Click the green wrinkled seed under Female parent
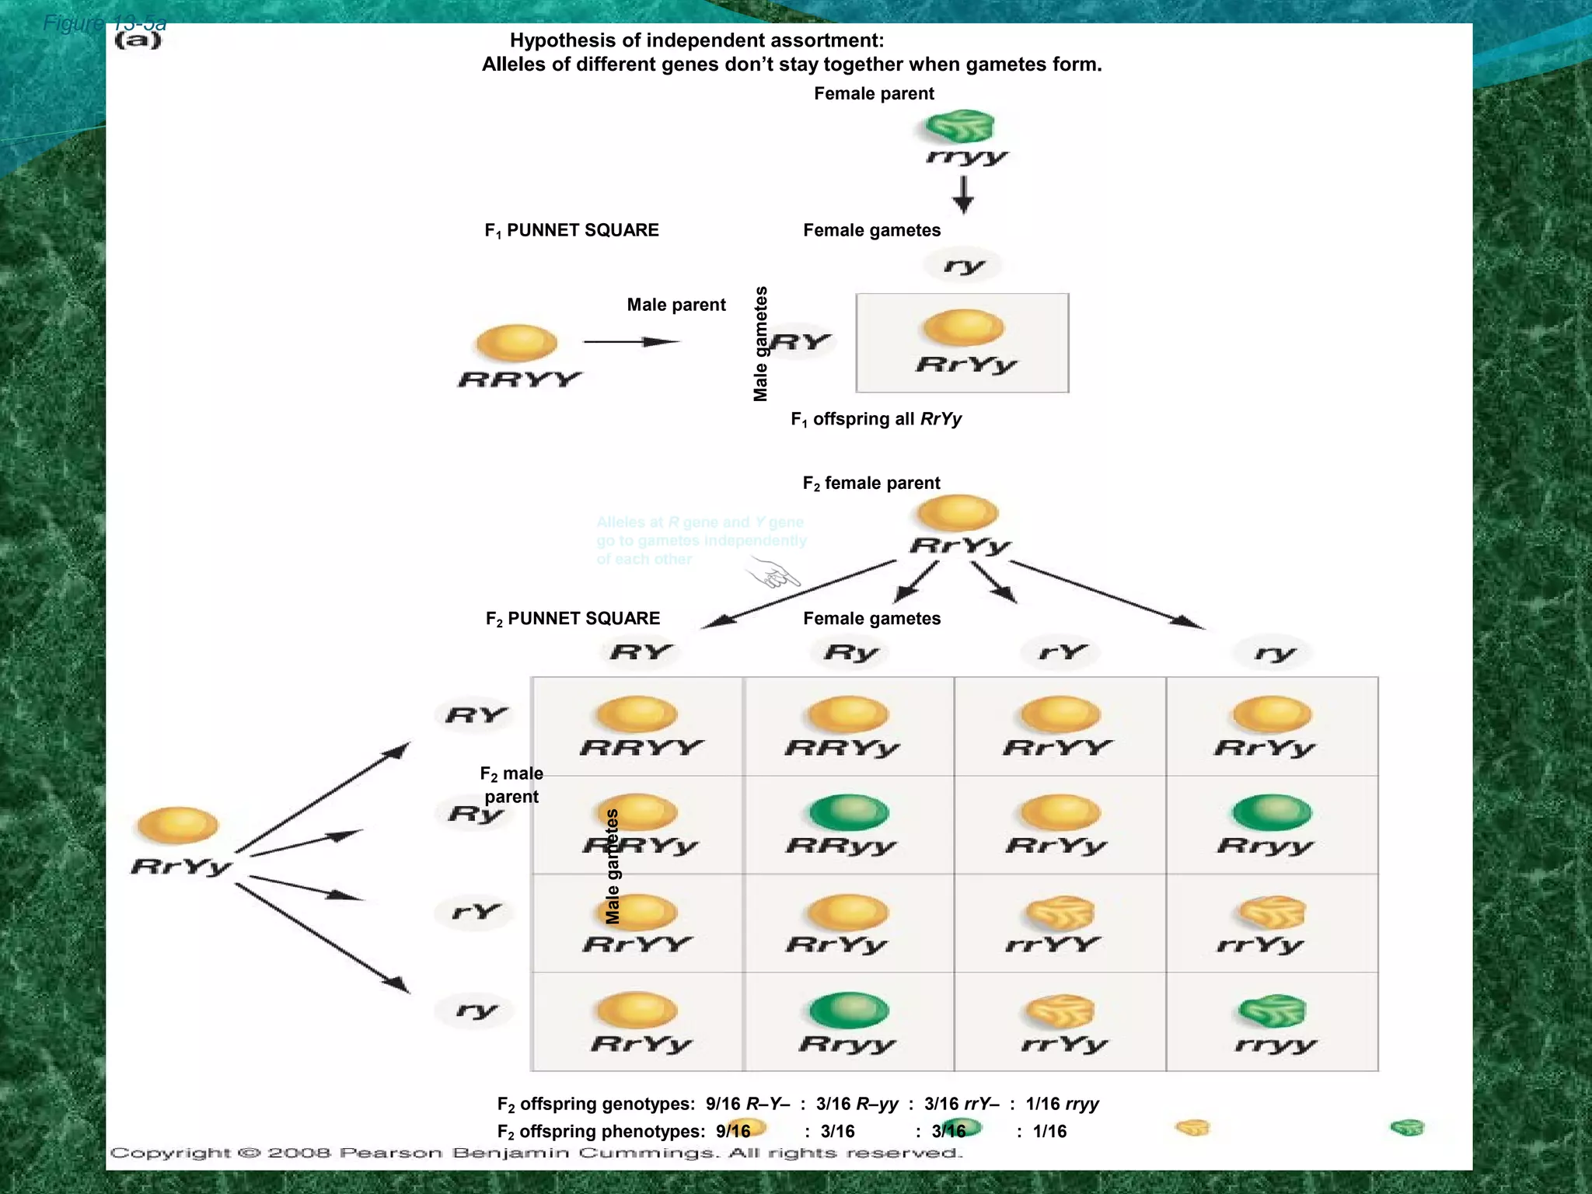point(960,126)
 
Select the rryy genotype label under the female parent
point(966,158)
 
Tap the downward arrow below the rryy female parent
point(963,194)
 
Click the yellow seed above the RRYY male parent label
point(517,343)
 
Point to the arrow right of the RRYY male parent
point(631,341)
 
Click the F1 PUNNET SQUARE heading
point(571,230)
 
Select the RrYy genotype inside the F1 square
point(965,365)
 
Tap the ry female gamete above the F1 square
point(964,266)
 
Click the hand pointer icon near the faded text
point(773,576)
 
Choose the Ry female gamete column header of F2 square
point(850,652)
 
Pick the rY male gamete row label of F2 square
point(476,911)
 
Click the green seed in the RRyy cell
point(848,813)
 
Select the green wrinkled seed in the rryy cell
point(1272,1011)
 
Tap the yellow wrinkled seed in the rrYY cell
point(1060,913)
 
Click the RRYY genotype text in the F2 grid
point(641,748)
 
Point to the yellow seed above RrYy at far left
point(177,826)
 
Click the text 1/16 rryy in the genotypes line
point(1062,1104)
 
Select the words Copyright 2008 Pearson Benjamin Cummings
point(536,1153)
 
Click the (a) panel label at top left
point(138,40)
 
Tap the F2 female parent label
point(871,484)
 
